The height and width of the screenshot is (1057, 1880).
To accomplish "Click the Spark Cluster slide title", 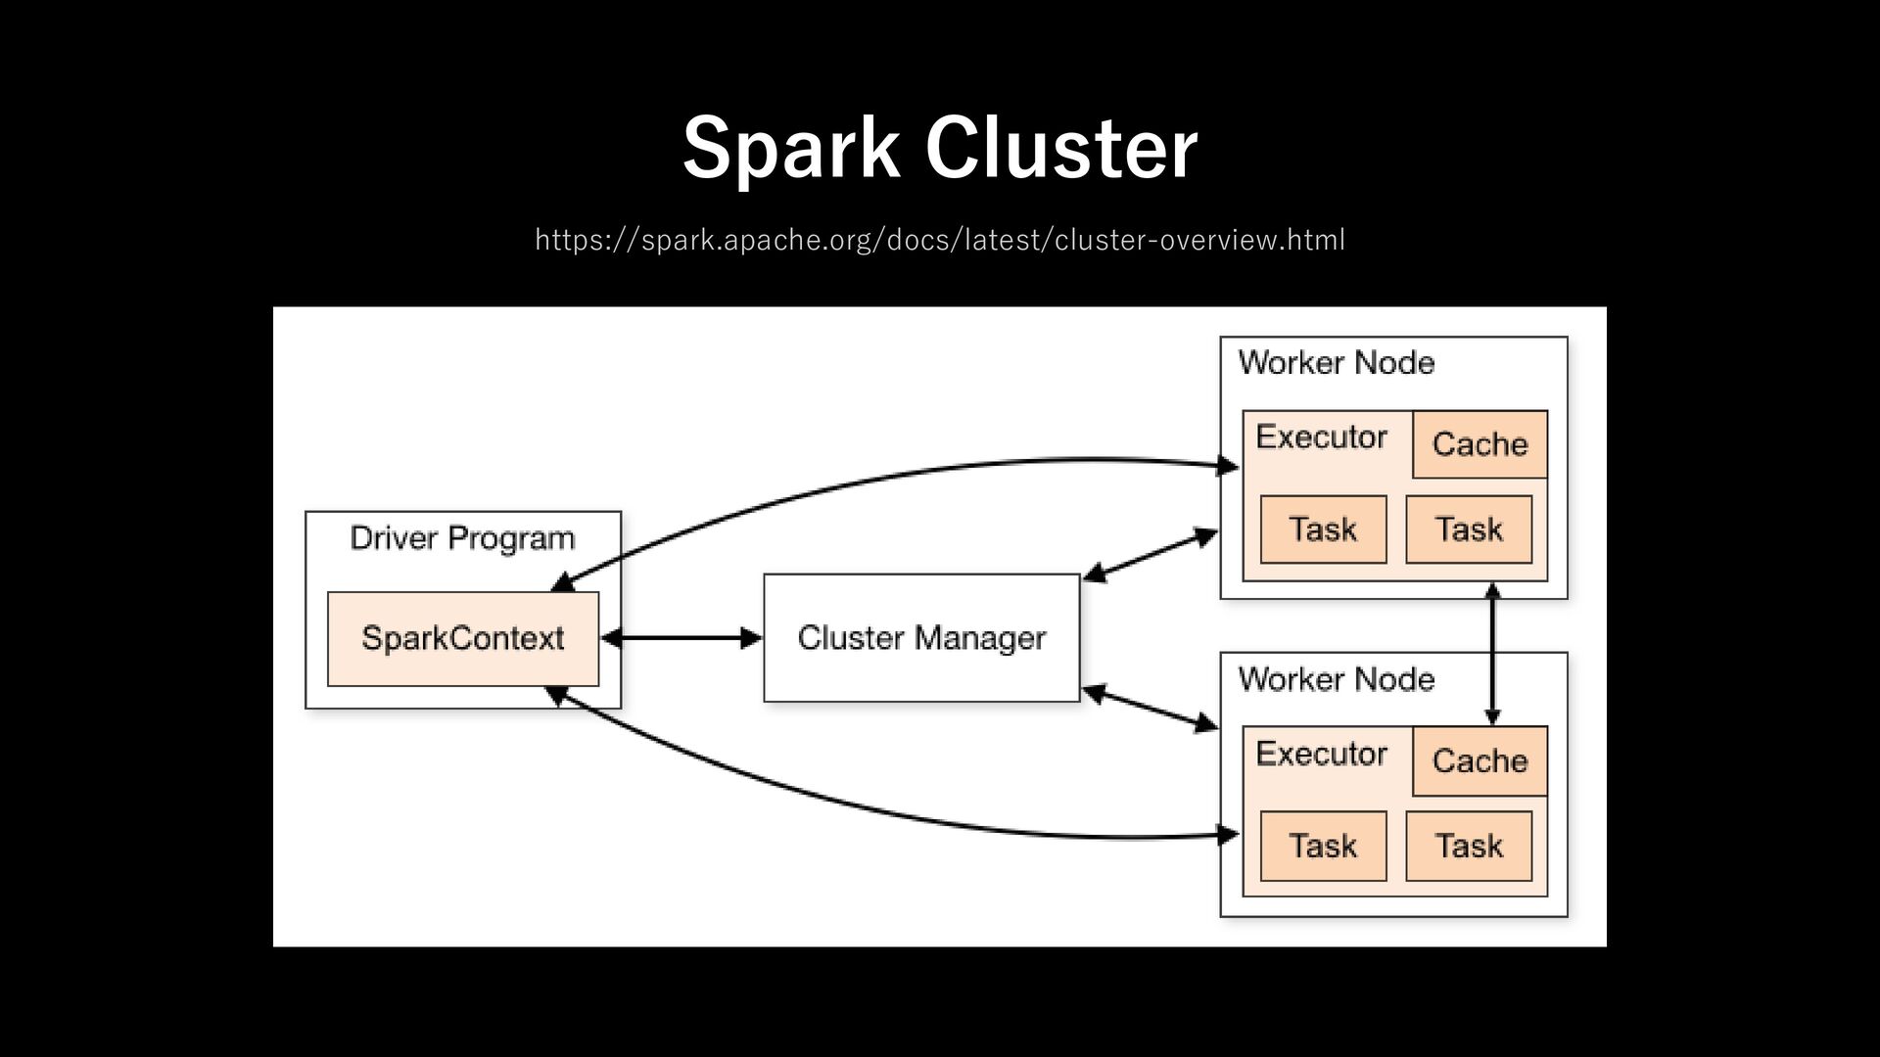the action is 940,149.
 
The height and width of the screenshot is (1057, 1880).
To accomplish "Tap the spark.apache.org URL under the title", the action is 940,240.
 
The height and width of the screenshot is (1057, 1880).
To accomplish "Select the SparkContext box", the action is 463,638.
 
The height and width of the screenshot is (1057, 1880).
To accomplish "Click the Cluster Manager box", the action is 921,638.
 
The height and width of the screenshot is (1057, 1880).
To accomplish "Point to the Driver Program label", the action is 462,539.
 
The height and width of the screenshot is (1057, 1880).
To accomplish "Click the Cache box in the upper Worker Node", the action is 1480,444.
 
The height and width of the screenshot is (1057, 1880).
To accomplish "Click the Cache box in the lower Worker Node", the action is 1480,760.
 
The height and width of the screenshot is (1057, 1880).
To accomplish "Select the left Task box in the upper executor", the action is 1323,529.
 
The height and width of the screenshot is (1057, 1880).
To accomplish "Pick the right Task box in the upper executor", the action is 1469,529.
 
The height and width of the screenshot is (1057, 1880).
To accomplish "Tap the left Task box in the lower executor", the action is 1323,846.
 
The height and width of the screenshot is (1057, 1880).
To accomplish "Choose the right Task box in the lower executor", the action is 1469,846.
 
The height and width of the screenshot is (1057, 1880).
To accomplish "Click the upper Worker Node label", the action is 1337,363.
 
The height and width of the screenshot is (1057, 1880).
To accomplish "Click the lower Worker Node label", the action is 1337,679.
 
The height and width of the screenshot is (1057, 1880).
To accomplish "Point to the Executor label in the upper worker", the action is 1322,437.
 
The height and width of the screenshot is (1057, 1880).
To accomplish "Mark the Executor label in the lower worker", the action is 1322,754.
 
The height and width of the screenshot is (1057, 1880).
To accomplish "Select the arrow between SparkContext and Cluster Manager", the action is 681,639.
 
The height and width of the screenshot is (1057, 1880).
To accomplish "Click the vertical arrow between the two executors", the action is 1492,654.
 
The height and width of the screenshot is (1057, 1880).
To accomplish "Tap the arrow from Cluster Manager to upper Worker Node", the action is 1151,556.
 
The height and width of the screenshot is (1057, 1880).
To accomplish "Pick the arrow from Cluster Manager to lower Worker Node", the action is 1151,708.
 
